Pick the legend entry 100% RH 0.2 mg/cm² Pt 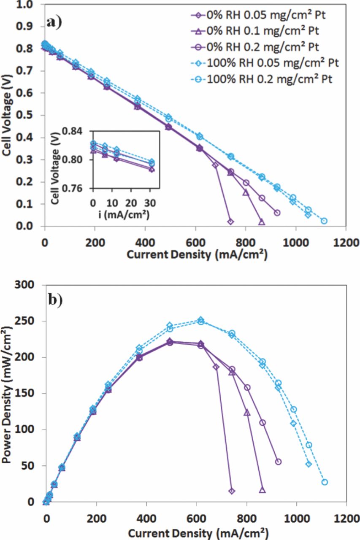point(270,79)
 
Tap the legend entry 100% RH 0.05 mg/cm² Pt point(272,63)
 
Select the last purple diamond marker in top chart point(230,221)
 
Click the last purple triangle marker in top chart point(262,222)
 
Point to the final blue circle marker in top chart point(324,221)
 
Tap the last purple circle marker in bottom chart point(278,462)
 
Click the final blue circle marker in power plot point(325,482)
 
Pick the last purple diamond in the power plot point(232,491)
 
